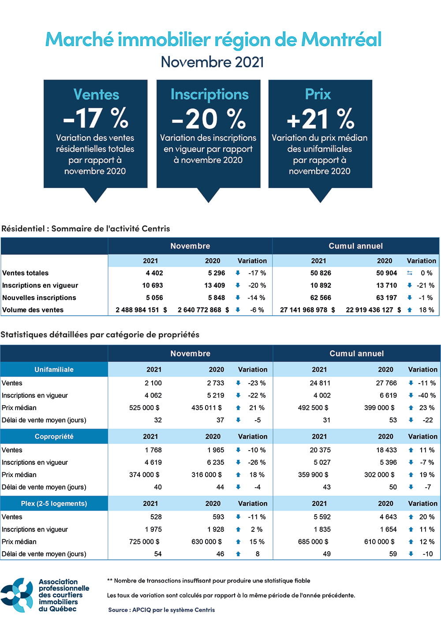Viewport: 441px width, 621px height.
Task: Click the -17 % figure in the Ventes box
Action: tap(96, 118)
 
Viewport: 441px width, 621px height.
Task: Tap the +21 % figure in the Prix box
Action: tap(320, 118)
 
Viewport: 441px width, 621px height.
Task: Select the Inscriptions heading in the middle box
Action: tap(209, 94)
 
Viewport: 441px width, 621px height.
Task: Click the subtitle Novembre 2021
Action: tap(212, 62)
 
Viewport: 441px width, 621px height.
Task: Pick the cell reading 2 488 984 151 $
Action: tap(141, 310)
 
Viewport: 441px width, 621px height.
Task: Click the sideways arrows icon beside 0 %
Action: tap(410, 273)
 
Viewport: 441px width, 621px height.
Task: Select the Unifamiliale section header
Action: tap(54, 369)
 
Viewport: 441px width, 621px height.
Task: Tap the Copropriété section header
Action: tap(54, 437)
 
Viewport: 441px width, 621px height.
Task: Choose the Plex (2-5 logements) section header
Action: tap(54, 504)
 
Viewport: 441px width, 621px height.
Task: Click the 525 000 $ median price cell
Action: tap(144, 408)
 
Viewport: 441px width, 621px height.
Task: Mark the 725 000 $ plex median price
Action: tap(144, 542)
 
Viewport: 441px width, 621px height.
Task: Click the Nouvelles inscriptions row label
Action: tap(39, 298)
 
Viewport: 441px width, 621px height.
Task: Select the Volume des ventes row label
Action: tap(33, 310)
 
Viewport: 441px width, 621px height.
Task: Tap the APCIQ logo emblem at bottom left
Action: tap(17, 595)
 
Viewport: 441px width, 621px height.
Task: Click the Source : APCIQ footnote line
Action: tap(161, 610)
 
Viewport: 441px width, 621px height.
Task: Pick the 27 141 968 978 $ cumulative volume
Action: tap(307, 310)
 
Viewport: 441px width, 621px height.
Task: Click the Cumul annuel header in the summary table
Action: tap(355, 246)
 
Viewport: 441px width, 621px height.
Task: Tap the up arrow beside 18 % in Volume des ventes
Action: tap(410, 310)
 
